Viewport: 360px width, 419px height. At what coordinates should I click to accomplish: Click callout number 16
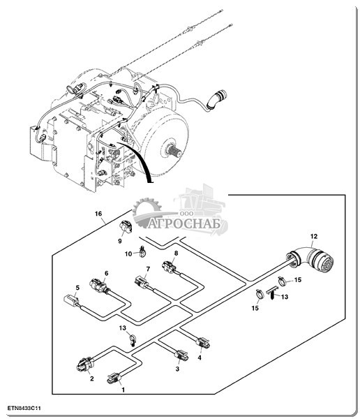tap(98, 214)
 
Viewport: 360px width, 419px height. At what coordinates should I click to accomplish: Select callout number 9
tap(120, 241)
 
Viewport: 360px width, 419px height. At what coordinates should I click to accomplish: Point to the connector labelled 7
tap(142, 282)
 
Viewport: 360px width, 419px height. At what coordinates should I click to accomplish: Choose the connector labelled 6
tap(98, 286)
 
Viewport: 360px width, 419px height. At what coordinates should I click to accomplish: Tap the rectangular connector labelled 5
tap(71, 300)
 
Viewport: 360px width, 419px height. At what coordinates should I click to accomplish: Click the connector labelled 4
tap(203, 343)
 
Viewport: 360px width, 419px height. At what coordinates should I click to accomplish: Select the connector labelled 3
tap(181, 355)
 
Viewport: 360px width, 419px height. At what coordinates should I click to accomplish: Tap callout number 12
tap(314, 236)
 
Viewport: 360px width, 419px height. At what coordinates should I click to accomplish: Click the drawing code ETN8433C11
tap(24, 409)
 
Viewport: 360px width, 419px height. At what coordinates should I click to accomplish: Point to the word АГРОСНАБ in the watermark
tap(185, 223)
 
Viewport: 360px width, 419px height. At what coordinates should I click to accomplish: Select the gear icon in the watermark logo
tap(147, 210)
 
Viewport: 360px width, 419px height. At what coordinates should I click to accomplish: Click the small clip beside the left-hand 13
tap(133, 341)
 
